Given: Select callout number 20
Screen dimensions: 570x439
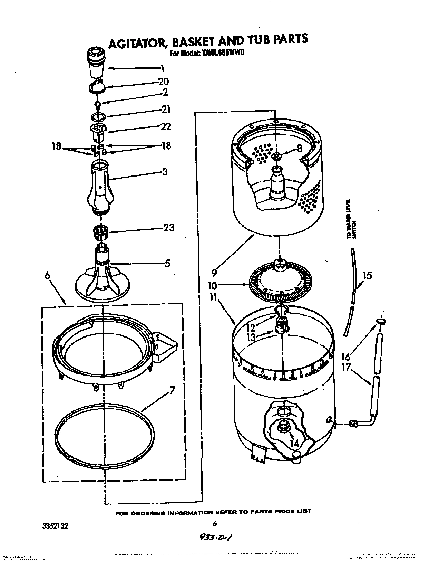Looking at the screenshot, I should tap(163, 82).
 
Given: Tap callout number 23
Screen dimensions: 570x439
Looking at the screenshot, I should tap(168, 228).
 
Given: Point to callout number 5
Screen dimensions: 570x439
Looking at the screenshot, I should tap(167, 263).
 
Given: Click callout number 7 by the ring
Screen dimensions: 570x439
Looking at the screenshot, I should tap(171, 391).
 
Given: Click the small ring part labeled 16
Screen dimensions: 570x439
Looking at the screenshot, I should tap(380, 322).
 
